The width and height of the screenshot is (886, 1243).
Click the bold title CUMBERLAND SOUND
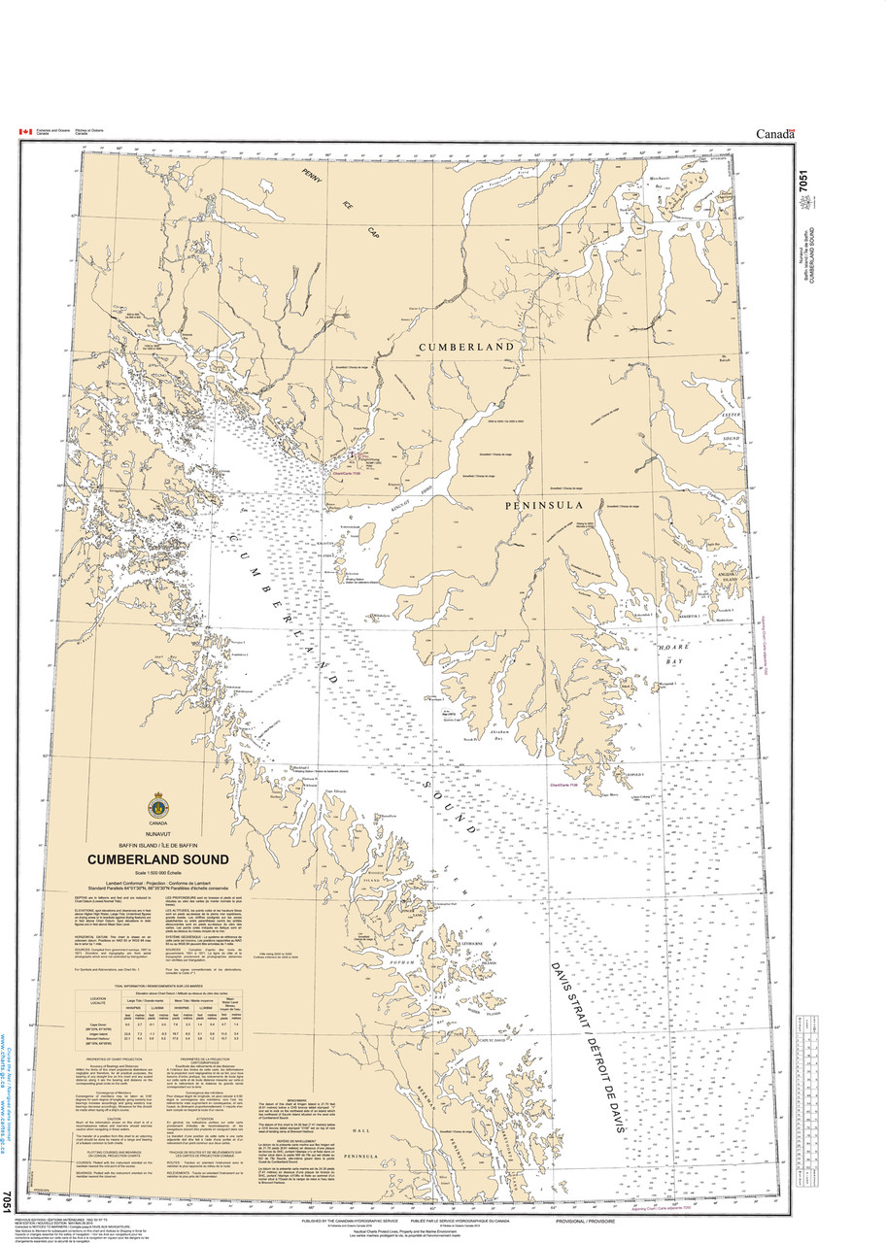158,859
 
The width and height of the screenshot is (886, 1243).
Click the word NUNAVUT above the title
158,833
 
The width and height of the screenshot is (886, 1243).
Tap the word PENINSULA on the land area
540,506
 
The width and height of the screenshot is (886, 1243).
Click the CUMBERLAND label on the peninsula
465,347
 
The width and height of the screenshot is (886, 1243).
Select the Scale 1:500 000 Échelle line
158,877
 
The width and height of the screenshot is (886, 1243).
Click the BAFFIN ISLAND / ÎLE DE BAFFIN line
158,846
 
